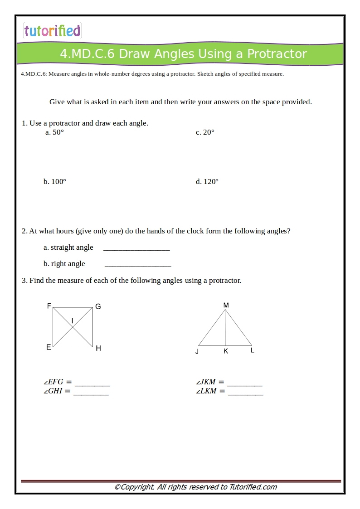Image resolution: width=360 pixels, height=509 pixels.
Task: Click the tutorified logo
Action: pos(52,30)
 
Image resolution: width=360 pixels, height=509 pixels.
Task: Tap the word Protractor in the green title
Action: pos(277,54)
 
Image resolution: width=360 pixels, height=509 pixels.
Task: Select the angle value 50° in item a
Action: pos(58,132)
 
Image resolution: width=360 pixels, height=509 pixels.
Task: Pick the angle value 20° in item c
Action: pos(209,132)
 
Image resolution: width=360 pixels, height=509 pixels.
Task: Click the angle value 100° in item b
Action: pos(58,182)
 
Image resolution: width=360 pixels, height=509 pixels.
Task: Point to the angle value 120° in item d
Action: pos(211,182)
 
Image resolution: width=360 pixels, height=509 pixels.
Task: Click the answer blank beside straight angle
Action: pos(136,248)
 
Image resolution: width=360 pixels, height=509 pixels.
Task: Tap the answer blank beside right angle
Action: pos(137,264)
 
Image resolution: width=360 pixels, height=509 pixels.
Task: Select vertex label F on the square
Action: pos(49,306)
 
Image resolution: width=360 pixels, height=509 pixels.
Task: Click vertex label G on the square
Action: pos(98,307)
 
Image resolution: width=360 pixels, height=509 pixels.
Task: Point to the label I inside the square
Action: pos(73,321)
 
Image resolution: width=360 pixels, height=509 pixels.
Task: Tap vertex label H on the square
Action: pos(98,348)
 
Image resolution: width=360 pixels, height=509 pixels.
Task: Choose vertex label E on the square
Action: pos(49,347)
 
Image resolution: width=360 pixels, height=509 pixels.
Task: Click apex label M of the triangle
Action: pos(226,305)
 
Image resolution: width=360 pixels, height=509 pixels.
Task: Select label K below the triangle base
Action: pos(226,351)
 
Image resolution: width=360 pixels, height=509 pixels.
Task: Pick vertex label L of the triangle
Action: pos(253,350)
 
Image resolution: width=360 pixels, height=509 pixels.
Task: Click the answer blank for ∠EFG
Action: pos(92,383)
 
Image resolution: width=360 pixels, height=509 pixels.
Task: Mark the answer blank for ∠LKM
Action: pos(245,392)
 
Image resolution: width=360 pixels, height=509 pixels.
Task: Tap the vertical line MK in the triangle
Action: pos(225,329)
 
